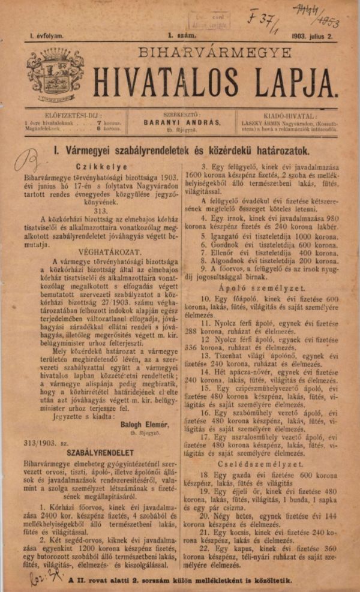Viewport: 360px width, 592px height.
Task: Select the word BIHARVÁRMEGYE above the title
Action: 209,53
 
